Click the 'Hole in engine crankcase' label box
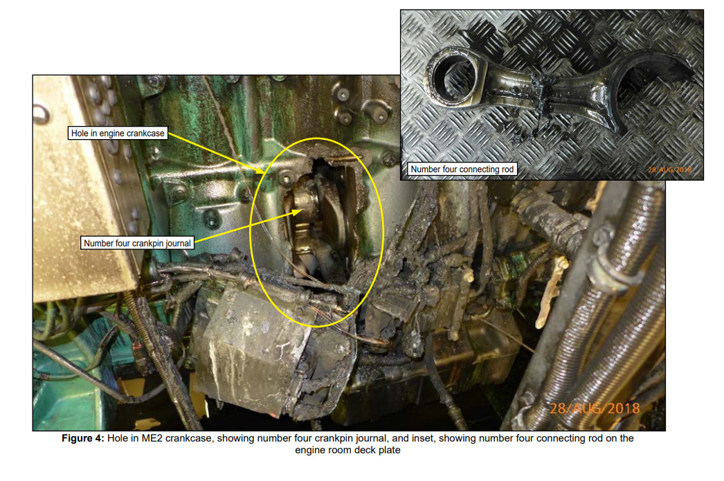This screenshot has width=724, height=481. click(x=118, y=134)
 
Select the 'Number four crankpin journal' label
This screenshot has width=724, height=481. click(x=137, y=243)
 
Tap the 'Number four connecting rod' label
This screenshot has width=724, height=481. click(x=462, y=169)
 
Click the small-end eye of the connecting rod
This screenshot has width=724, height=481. click(x=456, y=77)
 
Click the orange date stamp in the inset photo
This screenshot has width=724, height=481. click(x=669, y=170)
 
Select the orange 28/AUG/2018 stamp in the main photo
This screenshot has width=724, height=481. click(x=595, y=408)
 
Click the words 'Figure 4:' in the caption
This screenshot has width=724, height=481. click(x=83, y=438)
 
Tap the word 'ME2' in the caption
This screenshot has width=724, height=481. click(x=153, y=438)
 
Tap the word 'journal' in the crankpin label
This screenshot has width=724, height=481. click(x=178, y=244)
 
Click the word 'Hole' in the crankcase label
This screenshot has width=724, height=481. click(x=80, y=134)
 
